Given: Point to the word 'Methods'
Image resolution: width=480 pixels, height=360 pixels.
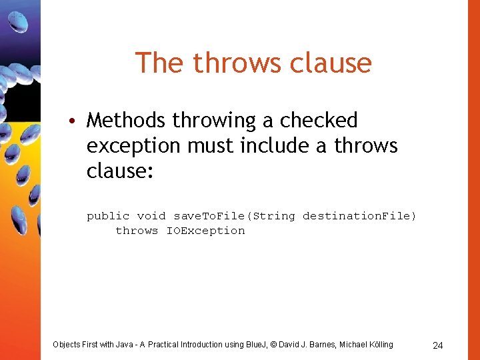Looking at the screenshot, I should pos(126,121).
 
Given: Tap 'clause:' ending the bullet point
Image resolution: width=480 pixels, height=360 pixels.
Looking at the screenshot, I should pos(120,171).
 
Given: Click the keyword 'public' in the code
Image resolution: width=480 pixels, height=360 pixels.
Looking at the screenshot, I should pos(108,216).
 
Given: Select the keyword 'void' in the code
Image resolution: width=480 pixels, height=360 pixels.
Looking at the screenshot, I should pos(151,216).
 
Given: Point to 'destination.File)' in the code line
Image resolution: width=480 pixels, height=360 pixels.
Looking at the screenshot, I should pos(359,216).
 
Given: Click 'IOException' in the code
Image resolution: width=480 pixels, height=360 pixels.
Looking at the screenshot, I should pos(205,231).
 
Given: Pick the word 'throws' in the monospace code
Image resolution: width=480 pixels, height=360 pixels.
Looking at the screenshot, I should pos(137,231).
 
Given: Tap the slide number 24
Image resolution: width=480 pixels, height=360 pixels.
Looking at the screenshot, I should pos(438,345).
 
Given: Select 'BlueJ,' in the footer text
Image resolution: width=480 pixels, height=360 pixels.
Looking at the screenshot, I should pos(256,345).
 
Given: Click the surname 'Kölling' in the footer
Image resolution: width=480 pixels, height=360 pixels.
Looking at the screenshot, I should pos(378,345).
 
